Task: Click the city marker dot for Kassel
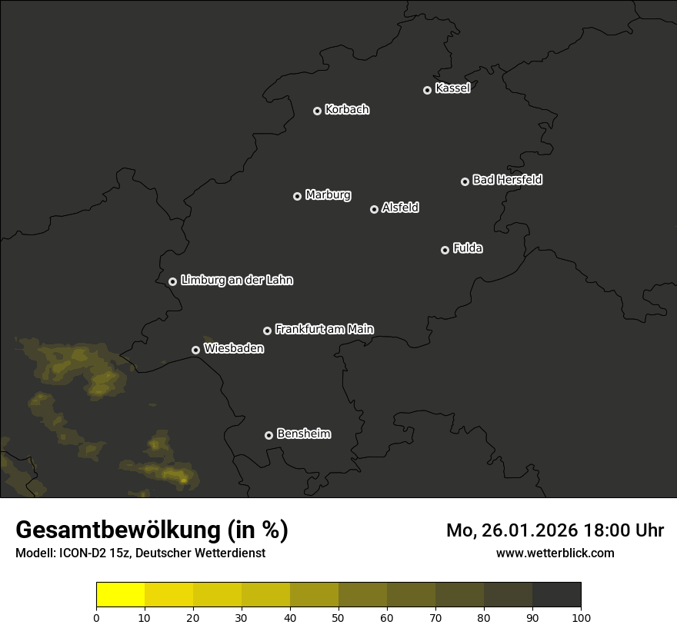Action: click(427, 90)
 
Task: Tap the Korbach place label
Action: click(347, 110)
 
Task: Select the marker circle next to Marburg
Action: click(297, 196)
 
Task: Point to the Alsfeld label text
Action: click(400, 208)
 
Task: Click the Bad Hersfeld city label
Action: click(507, 180)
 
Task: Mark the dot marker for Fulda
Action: click(445, 250)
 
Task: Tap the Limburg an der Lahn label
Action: click(236, 281)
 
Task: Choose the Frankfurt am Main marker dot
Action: click(267, 331)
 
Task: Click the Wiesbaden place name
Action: click(233, 349)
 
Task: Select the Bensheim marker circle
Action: click(268, 435)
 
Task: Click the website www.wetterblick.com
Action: click(555, 553)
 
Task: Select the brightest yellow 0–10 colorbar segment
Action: click(120, 595)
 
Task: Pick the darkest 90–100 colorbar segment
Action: click(556, 595)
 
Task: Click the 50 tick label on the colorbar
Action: click(338, 617)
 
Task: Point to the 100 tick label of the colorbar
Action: click(581, 617)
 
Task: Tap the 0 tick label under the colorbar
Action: click(96, 617)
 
